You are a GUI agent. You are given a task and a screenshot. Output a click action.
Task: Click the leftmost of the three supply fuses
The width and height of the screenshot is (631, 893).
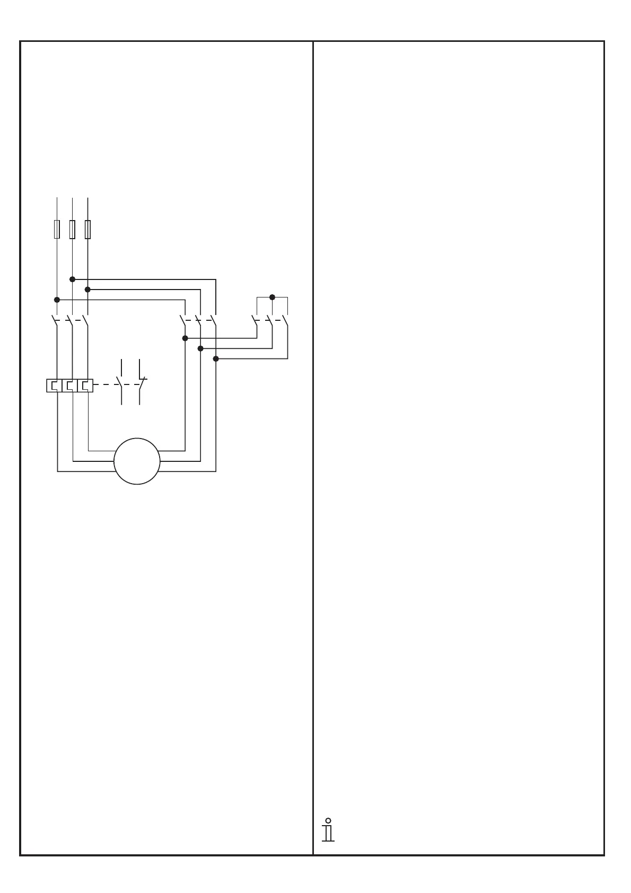(x=57, y=229)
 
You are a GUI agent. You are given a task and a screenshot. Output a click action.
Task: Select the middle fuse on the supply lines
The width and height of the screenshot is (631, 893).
(x=72, y=229)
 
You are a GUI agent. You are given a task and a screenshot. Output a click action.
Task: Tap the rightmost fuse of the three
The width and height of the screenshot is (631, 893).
(x=87, y=229)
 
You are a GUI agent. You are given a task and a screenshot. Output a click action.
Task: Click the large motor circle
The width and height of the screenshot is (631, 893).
(x=137, y=461)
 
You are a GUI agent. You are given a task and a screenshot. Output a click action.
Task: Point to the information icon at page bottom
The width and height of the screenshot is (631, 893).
(x=328, y=829)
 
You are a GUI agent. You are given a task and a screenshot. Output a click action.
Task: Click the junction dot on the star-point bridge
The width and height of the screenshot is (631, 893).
(x=272, y=297)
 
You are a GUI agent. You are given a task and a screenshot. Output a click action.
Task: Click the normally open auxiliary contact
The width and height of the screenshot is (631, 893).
(x=121, y=383)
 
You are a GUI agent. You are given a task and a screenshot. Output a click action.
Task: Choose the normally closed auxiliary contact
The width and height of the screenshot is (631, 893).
(x=141, y=383)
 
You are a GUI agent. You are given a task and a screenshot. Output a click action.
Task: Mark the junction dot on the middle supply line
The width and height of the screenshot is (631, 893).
(x=72, y=279)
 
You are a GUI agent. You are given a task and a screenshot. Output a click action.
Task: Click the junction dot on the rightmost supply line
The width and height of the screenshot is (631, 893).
(x=87, y=289)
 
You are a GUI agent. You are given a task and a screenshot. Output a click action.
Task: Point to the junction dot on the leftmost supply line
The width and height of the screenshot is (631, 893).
(x=57, y=300)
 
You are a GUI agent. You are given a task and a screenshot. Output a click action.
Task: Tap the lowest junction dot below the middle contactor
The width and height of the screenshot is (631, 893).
(x=216, y=359)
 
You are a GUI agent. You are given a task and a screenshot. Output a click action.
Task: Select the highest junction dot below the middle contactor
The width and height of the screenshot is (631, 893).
(x=185, y=338)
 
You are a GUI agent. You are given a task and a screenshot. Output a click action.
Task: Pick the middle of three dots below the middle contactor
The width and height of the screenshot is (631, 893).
(x=200, y=348)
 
